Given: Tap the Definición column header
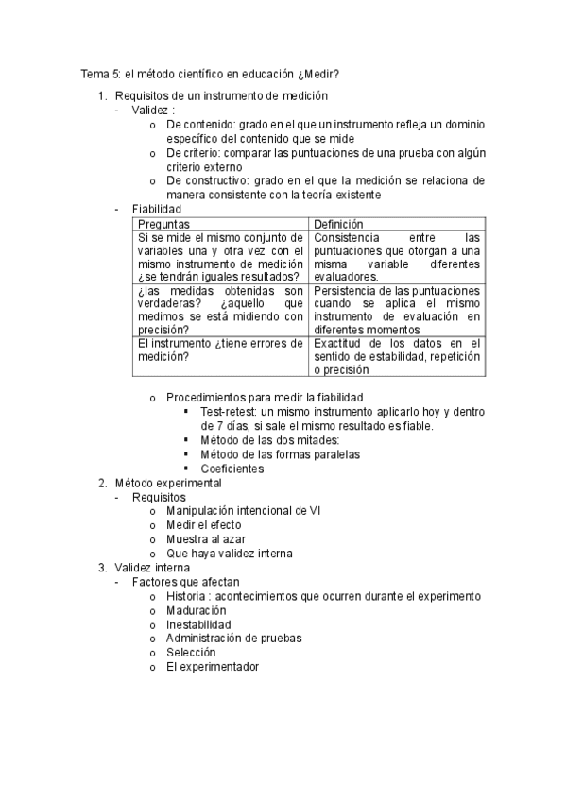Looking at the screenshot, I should click(x=339, y=224).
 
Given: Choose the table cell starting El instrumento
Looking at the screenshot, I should click(x=220, y=349).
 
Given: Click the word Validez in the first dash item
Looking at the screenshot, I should click(x=152, y=110).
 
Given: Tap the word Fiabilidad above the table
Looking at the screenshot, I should click(x=157, y=209).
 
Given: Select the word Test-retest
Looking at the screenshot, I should click(x=228, y=412).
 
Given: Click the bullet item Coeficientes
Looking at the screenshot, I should click(x=232, y=469).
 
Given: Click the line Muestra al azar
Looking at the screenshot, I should click(x=206, y=539).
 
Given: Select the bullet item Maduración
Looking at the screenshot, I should click(x=197, y=610).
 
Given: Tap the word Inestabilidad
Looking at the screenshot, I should click(x=198, y=624).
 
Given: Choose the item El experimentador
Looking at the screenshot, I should click(x=212, y=667).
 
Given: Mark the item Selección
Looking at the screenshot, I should click(x=191, y=653).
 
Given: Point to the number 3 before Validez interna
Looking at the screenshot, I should click(x=102, y=568).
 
